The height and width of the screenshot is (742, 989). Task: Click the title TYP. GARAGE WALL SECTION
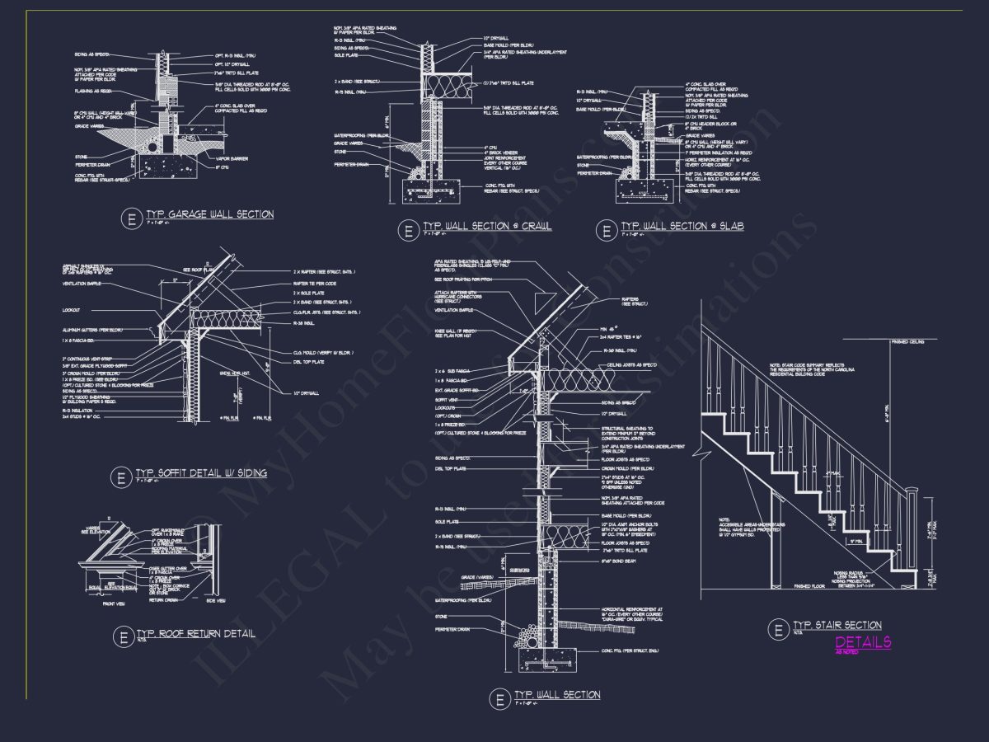pyautogui.click(x=209, y=214)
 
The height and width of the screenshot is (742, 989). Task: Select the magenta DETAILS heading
pyautogui.click(x=863, y=642)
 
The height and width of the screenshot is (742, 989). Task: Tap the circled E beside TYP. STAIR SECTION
pyautogui.click(x=777, y=630)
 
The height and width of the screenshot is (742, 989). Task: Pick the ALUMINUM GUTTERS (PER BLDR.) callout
pyautogui.click(x=92, y=330)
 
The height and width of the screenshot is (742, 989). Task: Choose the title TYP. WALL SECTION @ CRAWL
pyautogui.click(x=487, y=226)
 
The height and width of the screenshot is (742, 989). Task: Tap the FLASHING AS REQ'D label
pyautogui.click(x=92, y=91)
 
